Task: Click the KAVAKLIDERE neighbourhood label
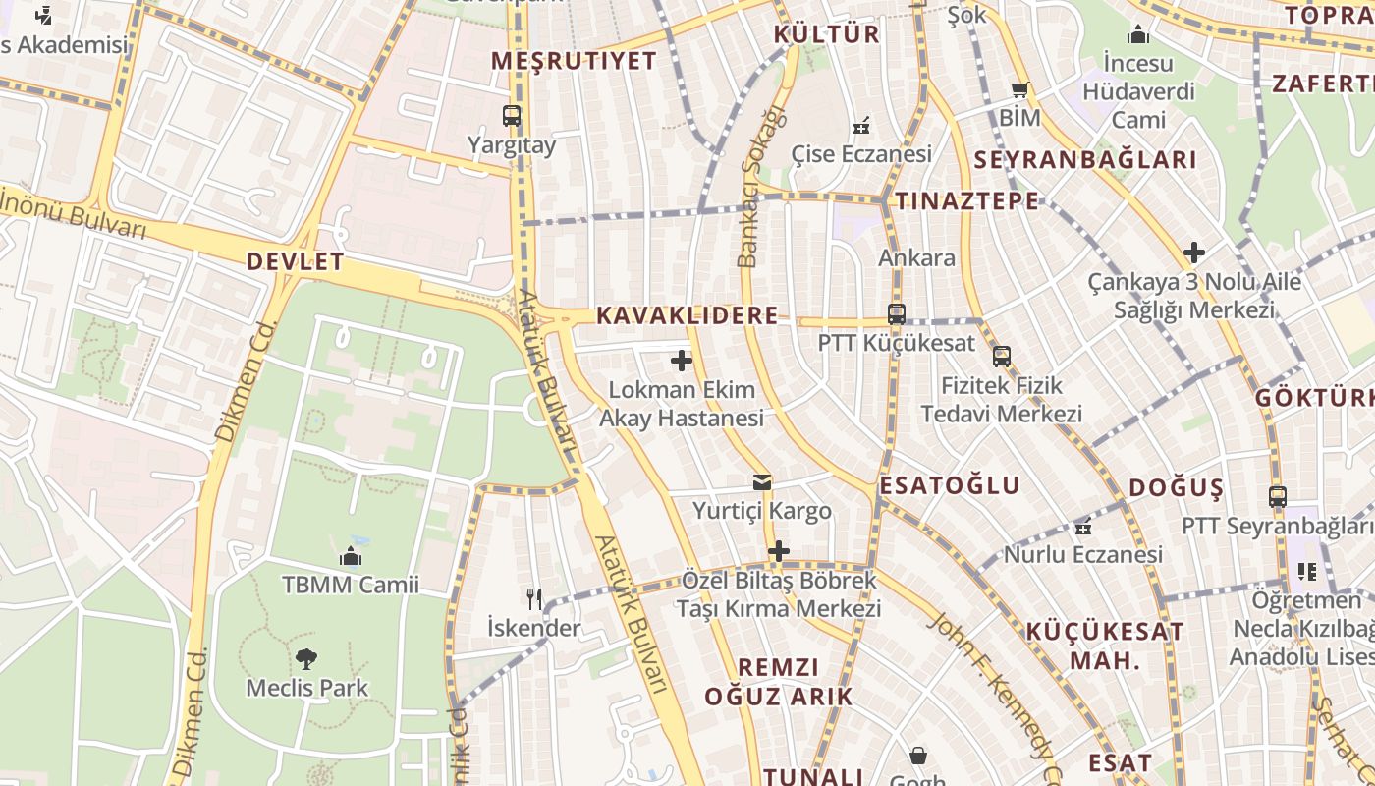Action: (687, 315)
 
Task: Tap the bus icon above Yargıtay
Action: (512, 116)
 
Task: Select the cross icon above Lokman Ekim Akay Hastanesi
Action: (682, 361)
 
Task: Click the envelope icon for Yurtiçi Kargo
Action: (762, 482)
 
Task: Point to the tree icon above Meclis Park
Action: (306, 658)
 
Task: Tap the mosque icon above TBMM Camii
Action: (351, 557)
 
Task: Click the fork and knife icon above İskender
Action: (534, 598)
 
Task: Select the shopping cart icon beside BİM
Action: (1020, 90)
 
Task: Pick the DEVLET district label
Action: (295, 261)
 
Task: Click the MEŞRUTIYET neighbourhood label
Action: (574, 61)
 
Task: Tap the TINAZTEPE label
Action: (966, 201)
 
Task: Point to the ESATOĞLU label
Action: (950, 485)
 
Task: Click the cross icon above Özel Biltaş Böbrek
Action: (779, 551)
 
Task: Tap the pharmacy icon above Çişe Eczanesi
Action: (861, 126)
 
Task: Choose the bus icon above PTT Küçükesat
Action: (896, 314)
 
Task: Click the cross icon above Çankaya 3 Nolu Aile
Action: (1194, 253)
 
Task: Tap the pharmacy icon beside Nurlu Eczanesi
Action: (1083, 527)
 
